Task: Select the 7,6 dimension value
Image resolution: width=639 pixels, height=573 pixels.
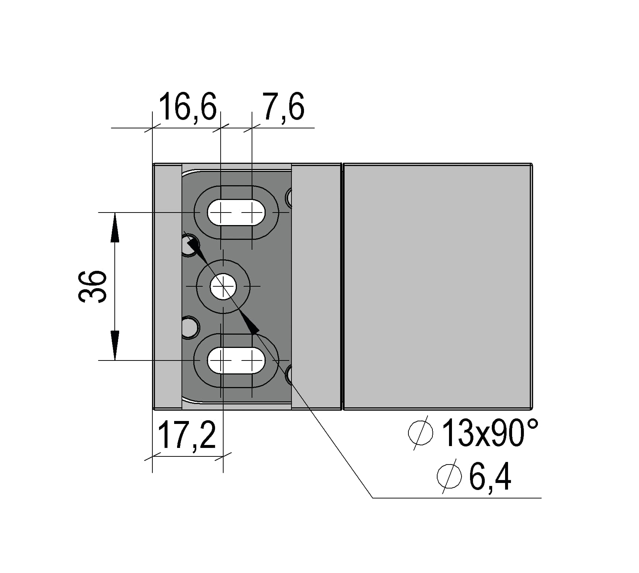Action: click(284, 107)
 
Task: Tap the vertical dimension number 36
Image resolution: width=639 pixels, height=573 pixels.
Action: click(93, 286)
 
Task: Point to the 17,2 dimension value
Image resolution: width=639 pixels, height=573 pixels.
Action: click(187, 435)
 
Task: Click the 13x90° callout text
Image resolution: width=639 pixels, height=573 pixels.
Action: click(490, 432)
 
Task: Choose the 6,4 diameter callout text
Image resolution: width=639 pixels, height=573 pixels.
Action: click(490, 477)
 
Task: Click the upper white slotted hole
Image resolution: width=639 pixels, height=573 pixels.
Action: click(236, 213)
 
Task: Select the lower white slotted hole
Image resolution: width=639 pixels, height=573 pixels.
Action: click(236, 360)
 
